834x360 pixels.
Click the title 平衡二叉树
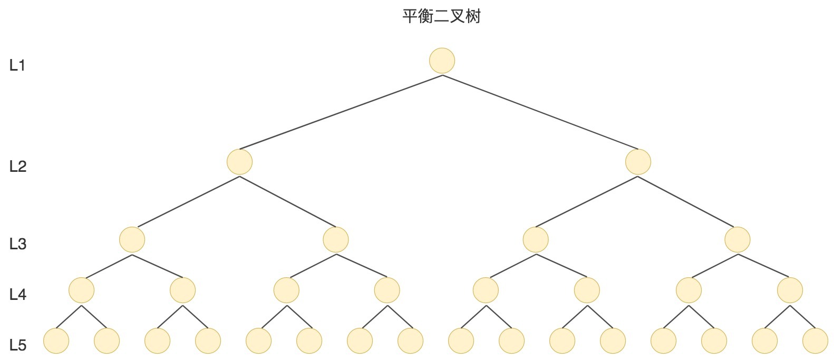click(x=442, y=16)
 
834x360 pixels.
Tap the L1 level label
click(x=17, y=65)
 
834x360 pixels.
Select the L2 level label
click(x=18, y=167)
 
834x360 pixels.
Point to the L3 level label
click(x=18, y=244)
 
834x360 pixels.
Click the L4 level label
click(x=18, y=295)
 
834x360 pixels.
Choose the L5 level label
click(x=18, y=345)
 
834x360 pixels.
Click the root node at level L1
click(x=442, y=61)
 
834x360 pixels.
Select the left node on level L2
click(x=239, y=162)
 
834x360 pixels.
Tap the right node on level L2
click(x=638, y=162)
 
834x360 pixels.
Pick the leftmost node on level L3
click(x=132, y=240)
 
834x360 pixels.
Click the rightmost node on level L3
click(x=738, y=240)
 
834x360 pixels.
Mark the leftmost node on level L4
click(x=82, y=290)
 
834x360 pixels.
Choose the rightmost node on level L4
click(x=790, y=290)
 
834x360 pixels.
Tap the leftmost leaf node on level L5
click(x=56, y=340)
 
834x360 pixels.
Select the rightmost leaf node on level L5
click(x=816, y=340)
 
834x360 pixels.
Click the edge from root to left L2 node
click(x=341, y=112)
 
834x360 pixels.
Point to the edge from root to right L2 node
click(x=540, y=112)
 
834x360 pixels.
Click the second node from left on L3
click(x=336, y=240)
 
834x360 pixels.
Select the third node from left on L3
click(x=536, y=240)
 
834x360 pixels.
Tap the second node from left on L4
click(x=183, y=290)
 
